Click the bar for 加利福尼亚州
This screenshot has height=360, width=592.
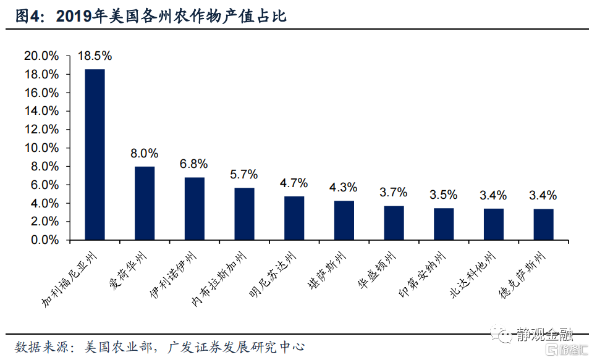coord(95,154)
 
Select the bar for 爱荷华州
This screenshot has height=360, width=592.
coord(145,203)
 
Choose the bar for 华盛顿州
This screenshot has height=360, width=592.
coord(394,223)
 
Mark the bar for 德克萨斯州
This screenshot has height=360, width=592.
coord(543,224)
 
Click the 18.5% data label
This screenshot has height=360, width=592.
coord(95,56)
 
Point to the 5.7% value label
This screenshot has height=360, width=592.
coord(244,175)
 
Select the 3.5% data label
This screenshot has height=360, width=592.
coord(443,195)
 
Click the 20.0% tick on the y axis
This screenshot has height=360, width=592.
coord(41,56)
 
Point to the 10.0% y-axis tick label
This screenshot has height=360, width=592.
coord(41,148)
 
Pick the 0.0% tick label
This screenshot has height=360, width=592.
coord(44,240)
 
